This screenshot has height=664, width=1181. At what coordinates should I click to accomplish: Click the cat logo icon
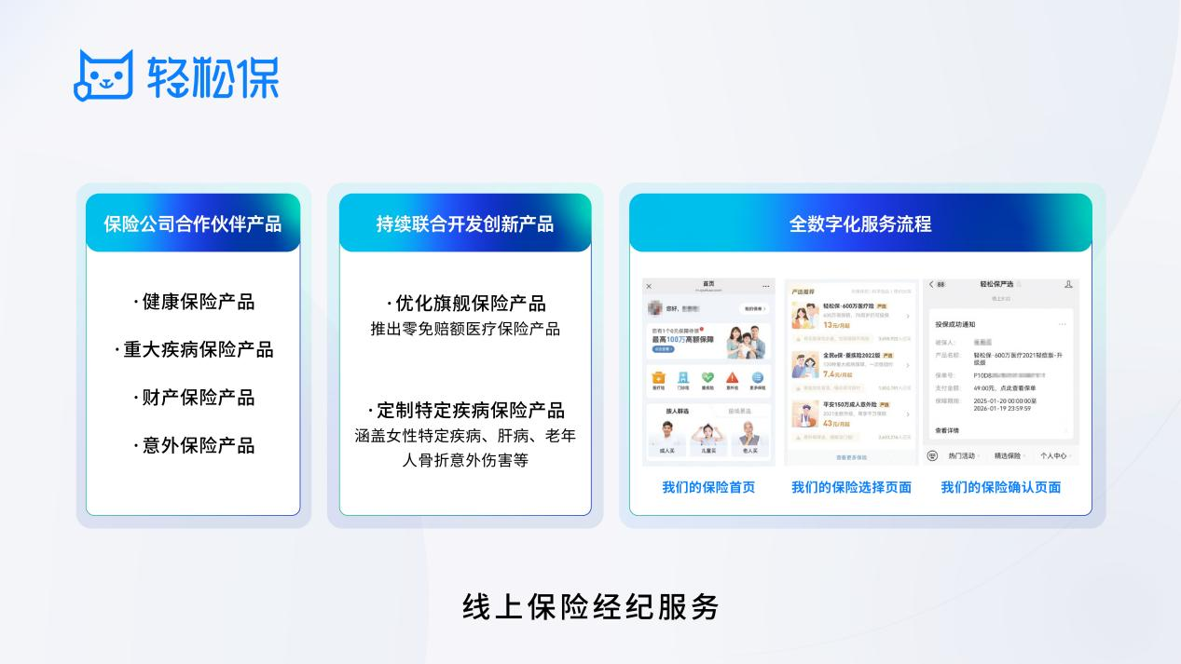coord(103,74)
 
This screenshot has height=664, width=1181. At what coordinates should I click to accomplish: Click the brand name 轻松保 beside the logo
coord(213,75)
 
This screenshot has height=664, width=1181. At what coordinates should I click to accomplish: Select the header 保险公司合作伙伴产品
coord(193,224)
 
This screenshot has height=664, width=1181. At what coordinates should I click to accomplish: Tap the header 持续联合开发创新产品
coord(465,224)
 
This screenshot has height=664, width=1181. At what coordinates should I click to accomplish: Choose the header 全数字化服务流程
coord(860,224)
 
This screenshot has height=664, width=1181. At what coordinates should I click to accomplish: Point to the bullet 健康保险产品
coord(194,302)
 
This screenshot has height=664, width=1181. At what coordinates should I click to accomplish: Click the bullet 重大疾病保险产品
coord(194,349)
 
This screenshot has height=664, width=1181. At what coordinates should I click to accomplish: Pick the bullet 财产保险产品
coord(194,398)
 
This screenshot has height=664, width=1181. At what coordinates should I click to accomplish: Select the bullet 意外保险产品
coord(194,445)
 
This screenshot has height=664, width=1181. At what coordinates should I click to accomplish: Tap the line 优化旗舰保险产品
coord(465,304)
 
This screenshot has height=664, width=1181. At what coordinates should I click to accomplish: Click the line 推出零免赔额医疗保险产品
coord(465,329)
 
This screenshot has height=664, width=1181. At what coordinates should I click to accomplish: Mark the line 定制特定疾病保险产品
coord(465,411)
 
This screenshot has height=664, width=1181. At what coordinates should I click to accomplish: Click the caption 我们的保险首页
coord(708,487)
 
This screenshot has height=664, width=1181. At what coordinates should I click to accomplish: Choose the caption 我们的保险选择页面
coord(851,487)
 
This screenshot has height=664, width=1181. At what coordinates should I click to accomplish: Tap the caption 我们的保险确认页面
coord(1000,487)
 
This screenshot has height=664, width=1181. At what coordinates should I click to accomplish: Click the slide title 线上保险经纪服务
coord(591,607)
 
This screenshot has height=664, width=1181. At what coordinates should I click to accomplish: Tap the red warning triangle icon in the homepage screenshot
coord(733,378)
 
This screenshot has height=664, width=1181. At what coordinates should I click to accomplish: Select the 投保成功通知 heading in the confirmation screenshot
coord(955,324)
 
